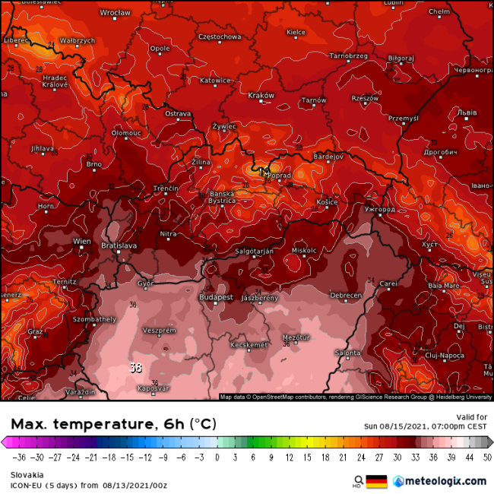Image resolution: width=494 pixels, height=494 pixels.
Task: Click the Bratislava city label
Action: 119,245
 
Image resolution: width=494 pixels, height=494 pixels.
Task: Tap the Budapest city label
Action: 217,297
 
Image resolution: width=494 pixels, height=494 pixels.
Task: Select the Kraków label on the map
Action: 261,95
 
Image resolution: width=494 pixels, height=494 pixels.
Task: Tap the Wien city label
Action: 81,241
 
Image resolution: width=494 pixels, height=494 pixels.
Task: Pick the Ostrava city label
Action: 178,113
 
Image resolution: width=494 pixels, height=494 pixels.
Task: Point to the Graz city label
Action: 35,331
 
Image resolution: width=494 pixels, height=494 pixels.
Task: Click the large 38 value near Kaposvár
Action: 136,369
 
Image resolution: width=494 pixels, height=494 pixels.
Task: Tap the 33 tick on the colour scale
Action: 414,458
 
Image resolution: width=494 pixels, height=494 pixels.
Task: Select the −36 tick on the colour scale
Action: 19,458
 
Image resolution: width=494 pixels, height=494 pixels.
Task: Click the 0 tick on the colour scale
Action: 217,458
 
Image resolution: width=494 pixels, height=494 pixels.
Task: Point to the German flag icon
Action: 376,481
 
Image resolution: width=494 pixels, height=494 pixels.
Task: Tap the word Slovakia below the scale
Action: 27,475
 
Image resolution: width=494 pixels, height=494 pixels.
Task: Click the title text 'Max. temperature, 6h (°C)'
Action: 112,423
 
